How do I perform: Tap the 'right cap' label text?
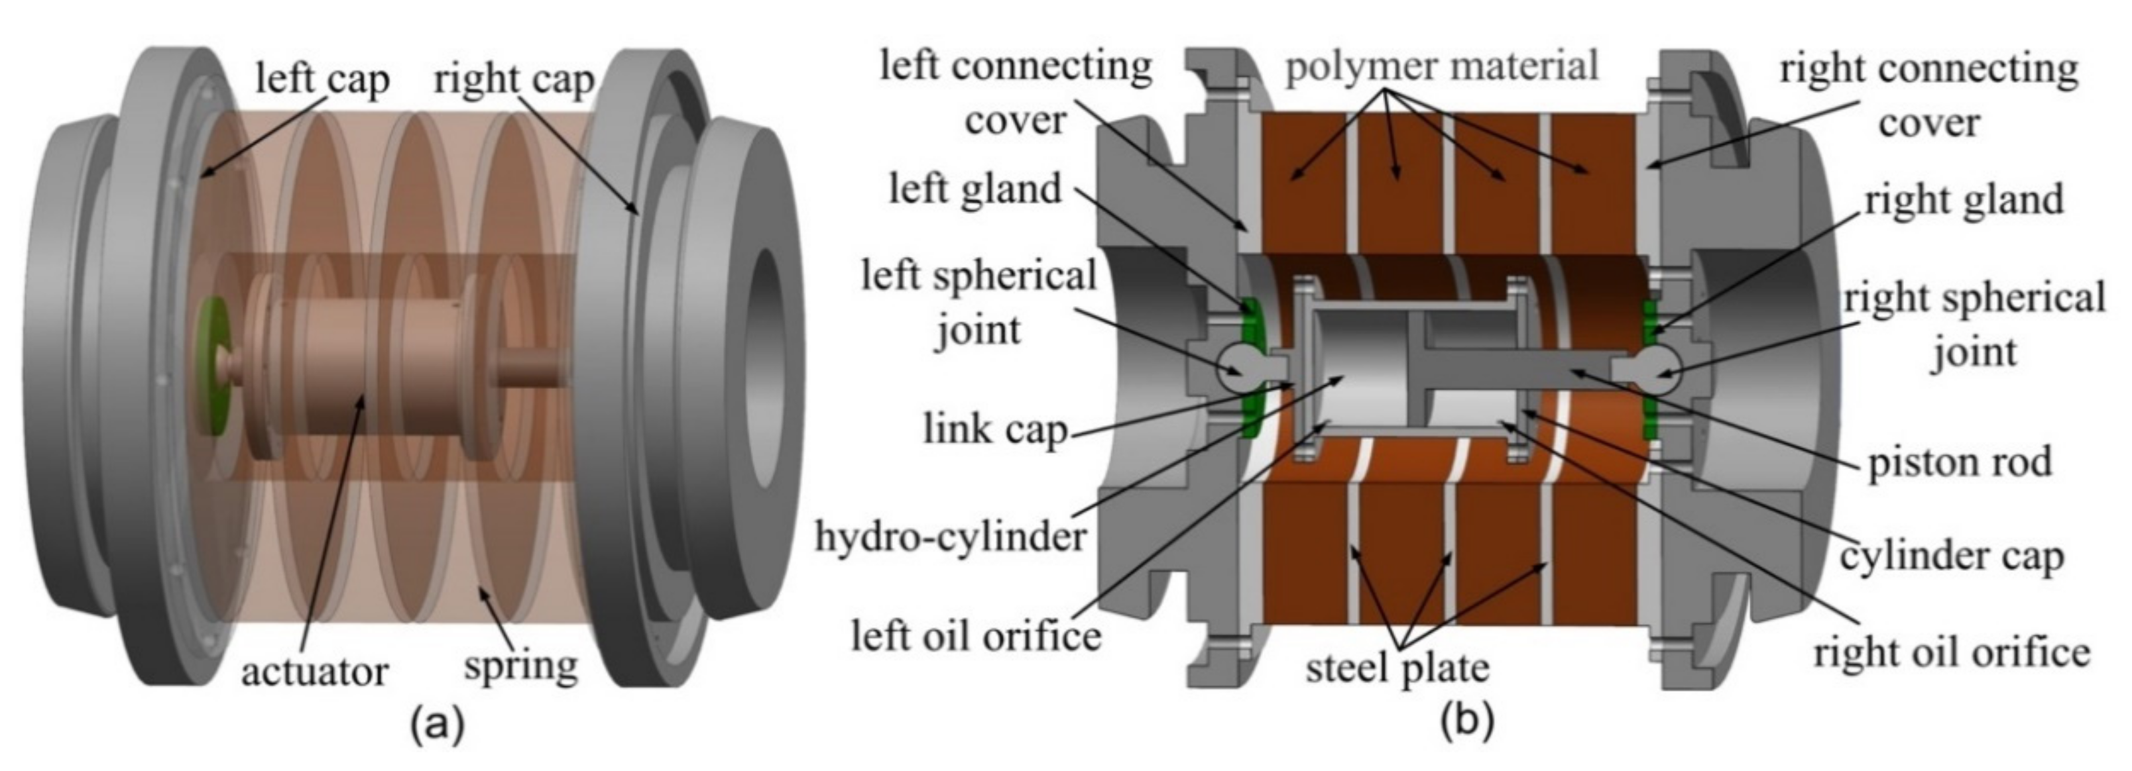(x=514, y=80)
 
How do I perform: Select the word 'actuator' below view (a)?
(x=314, y=672)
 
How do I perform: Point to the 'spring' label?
(x=520, y=664)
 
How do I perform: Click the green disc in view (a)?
(x=214, y=365)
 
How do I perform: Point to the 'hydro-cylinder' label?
(x=950, y=537)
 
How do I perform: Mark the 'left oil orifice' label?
(x=977, y=636)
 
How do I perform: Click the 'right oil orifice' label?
(x=1952, y=652)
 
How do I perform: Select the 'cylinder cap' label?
(x=1952, y=557)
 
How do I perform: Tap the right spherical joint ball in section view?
(x=1656, y=370)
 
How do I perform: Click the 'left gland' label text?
(x=975, y=189)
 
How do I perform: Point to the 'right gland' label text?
(x=1963, y=200)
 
